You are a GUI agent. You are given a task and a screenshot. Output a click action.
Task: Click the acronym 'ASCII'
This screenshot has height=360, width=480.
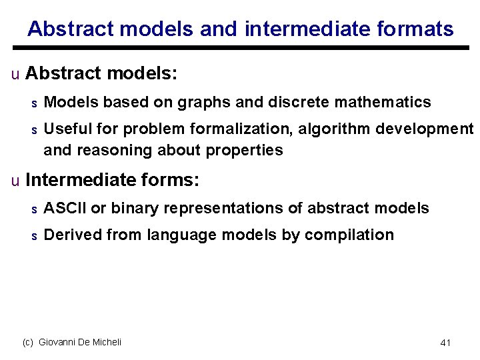(x=65, y=209)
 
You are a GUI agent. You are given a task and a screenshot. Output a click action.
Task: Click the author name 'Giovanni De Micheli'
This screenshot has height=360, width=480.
(x=80, y=342)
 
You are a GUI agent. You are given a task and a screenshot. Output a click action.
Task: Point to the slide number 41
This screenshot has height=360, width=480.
(x=446, y=343)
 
